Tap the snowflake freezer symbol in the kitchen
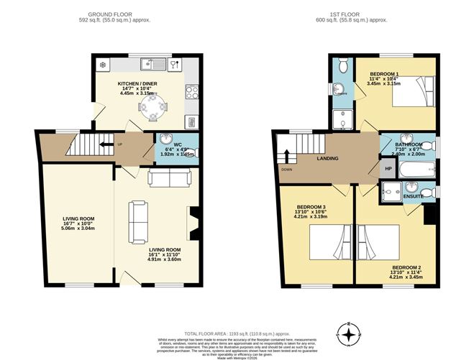pyautogui.click(x=103, y=65)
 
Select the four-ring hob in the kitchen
pyautogui.click(x=192, y=92)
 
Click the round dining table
pyautogui.click(x=152, y=109)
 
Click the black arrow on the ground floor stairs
pyautogui.click(x=108, y=144)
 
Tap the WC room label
pyautogui.click(x=167, y=134)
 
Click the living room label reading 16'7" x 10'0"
pyautogui.click(x=76, y=225)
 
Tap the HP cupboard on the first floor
pyautogui.click(x=388, y=169)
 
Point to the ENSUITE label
pyautogui.click(x=413, y=195)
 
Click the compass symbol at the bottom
pyautogui.click(x=349, y=334)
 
